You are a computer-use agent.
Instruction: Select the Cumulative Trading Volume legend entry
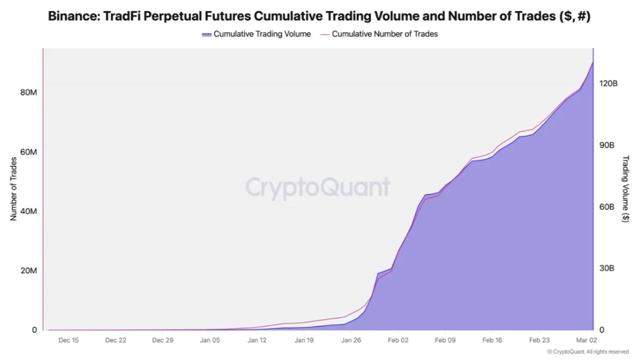coord(256,34)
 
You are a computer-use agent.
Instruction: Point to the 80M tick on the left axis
coord(28,92)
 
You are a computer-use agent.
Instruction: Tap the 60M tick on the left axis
coord(28,152)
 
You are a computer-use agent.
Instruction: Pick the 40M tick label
coord(28,211)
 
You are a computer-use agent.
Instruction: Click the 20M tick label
coord(28,271)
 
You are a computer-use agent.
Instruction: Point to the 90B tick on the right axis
coord(607,145)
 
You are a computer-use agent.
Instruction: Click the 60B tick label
coord(607,207)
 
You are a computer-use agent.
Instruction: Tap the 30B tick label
coord(607,268)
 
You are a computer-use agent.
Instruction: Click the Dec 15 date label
coord(68,340)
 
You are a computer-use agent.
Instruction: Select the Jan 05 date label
coord(210,340)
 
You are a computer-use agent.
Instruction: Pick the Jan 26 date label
coord(352,340)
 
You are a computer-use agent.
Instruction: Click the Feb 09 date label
coord(445,340)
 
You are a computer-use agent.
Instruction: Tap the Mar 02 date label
coord(586,340)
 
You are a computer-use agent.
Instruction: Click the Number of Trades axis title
coord(14,189)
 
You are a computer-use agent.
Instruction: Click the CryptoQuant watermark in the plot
coord(318,187)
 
